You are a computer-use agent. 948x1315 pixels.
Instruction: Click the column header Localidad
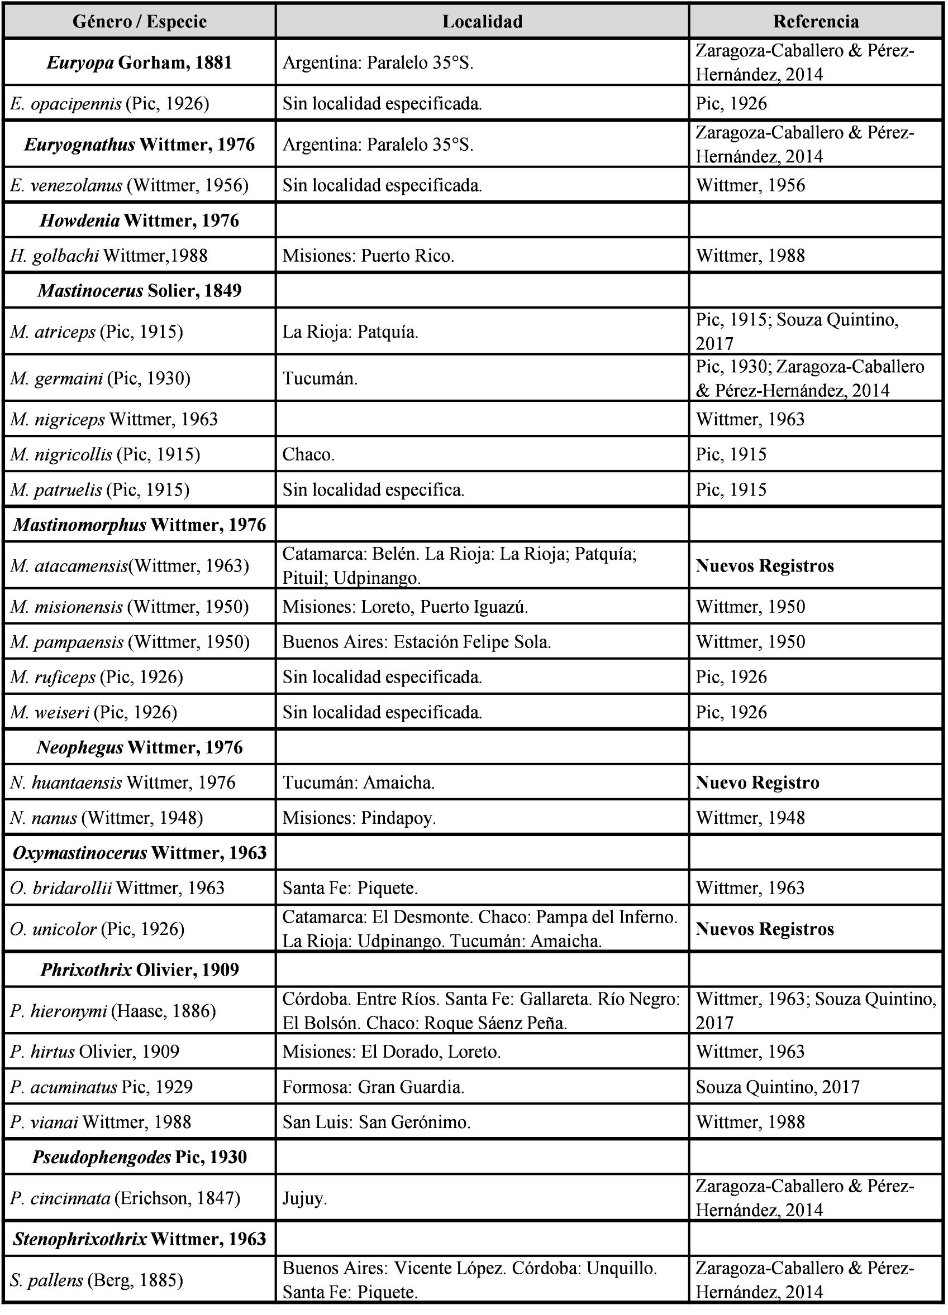click(482, 21)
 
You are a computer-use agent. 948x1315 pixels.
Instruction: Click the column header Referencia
click(815, 21)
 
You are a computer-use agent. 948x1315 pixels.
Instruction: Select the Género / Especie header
click(140, 21)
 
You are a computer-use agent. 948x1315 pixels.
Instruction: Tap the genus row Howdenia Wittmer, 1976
click(140, 220)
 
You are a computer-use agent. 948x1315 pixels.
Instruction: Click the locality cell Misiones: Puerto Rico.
click(368, 256)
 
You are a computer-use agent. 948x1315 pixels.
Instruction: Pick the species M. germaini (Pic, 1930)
click(101, 378)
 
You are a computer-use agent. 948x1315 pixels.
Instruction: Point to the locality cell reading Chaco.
click(309, 454)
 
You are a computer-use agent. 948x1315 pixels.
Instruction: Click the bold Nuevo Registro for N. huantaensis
click(757, 782)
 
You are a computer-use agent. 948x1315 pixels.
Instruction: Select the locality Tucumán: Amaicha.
click(359, 782)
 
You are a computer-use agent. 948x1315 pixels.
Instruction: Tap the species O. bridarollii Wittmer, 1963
click(117, 887)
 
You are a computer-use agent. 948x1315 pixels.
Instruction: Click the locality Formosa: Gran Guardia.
click(374, 1087)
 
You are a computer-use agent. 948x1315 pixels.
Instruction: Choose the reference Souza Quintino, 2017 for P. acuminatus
click(778, 1087)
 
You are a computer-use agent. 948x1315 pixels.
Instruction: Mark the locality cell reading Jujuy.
click(304, 1198)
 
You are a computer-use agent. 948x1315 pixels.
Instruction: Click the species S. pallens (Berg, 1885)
click(96, 1280)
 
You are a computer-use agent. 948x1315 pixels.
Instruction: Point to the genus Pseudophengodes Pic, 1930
click(140, 1156)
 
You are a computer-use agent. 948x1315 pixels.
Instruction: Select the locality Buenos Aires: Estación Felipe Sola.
click(417, 642)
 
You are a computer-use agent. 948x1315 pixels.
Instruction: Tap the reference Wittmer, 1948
click(750, 818)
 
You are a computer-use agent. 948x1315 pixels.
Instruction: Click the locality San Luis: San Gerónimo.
click(377, 1122)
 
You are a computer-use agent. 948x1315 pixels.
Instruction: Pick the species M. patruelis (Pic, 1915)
click(100, 489)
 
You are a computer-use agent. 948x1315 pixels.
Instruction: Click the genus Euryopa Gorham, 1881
click(140, 62)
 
